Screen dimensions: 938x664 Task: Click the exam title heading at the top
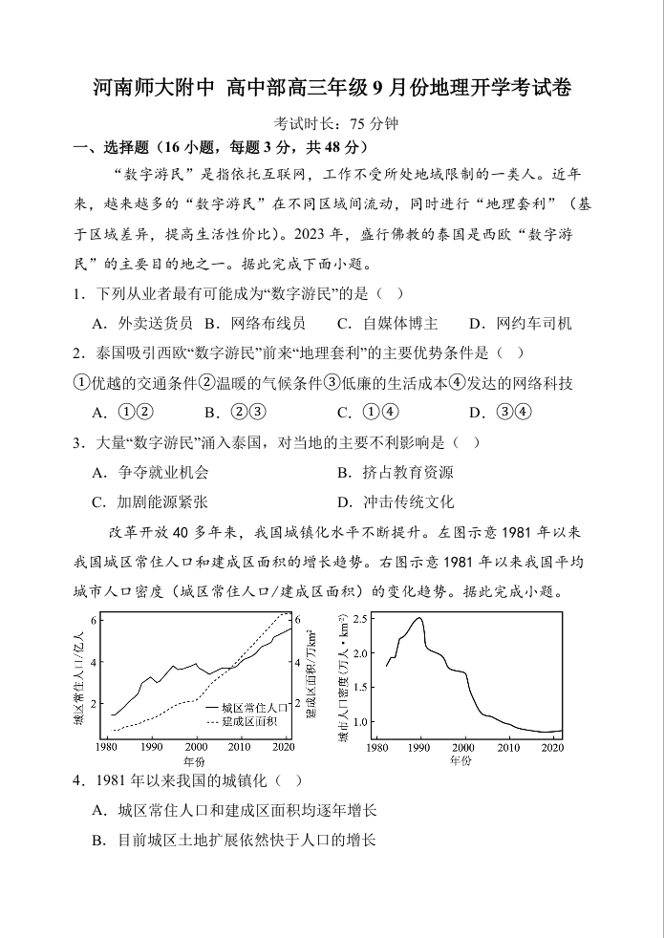point(332,89)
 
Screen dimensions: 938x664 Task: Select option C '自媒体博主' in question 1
point(387,323)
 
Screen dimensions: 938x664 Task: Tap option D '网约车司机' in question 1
point(521,323)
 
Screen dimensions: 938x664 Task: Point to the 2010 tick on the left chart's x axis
point(239,747)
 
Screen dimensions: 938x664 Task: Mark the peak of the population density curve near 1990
point(418,618)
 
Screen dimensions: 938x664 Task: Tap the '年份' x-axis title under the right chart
point(460,761)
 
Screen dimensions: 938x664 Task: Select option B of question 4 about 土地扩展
point(234,841)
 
